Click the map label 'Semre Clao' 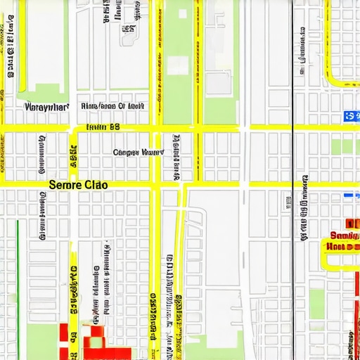tap(78, 185)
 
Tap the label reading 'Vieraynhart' tap(47, 108)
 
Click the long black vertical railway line tap(292, 211)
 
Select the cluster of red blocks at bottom tap(98, 341)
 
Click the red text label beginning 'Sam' tap(344, 236)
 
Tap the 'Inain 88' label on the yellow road tap(103, 127)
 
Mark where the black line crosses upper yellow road tap(292, 128)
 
